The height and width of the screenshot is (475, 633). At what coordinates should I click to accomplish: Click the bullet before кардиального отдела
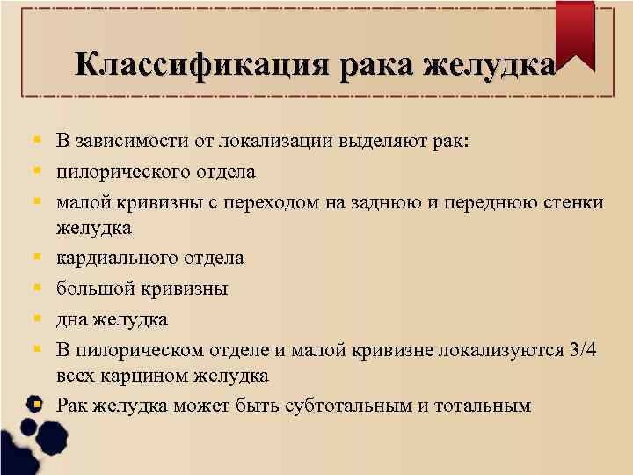38,259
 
